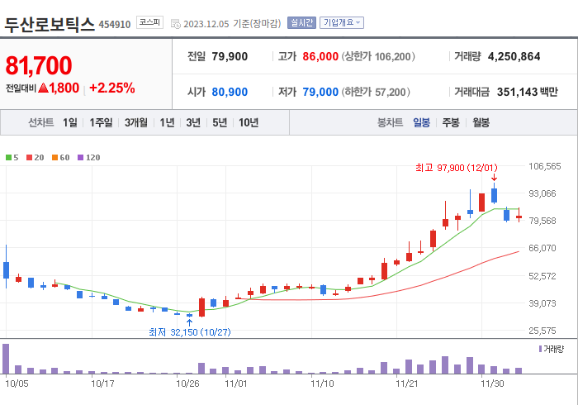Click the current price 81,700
click(39, 65)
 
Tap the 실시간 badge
click(301, 23)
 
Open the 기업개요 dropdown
click(342, 23)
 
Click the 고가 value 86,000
click(320, 56)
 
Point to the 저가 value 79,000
click(320, 92)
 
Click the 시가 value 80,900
click(230, 92)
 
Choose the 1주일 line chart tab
click(102, 122)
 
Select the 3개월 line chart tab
click(136, 122)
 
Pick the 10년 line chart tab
click(249, 122)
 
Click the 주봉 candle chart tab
click(451, 122)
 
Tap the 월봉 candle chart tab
click(481, 122)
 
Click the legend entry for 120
click(89, 157)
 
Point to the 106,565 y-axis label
click(544, 166)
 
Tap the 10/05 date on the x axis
click(17, 384)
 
